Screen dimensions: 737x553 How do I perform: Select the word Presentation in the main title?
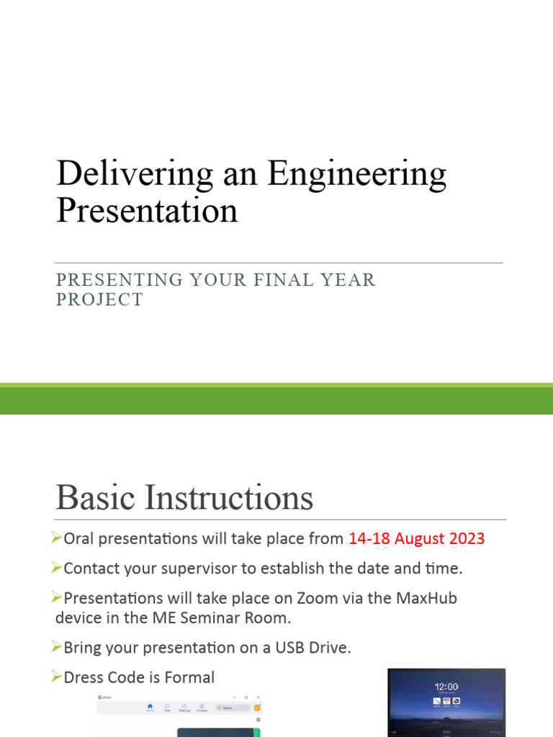tap(147, 210)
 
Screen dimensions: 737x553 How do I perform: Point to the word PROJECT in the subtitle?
tap(99, 299)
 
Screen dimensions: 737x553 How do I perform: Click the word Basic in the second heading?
tap(97, 497)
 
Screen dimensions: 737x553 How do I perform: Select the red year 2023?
tap(464, 538)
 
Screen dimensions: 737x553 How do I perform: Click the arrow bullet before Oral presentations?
tap(58, 538)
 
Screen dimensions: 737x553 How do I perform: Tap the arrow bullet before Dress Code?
tap(58, 677)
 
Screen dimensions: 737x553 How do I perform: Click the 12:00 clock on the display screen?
tap(446, 687)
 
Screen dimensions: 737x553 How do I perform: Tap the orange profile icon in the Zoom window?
tap(257, 707)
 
